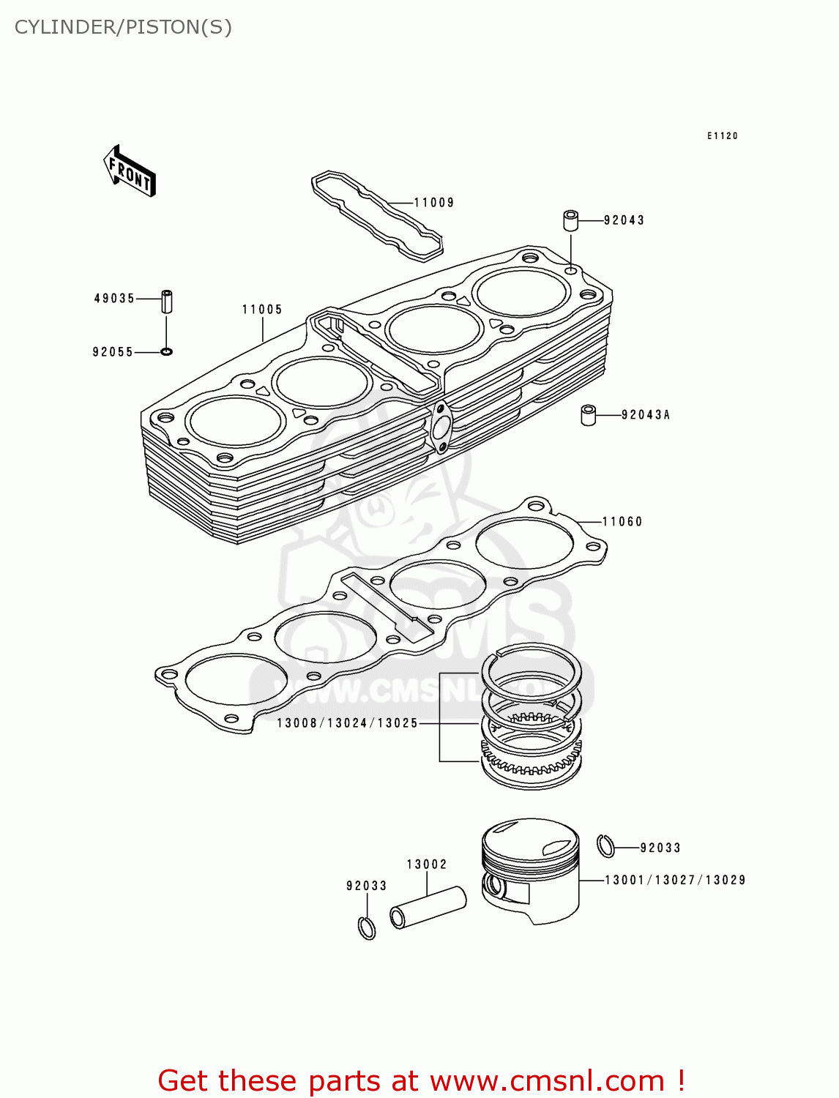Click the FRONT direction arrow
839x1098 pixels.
tap(130, 171)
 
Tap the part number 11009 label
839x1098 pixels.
tap(433, 203)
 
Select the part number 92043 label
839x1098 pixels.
tap(624, 220)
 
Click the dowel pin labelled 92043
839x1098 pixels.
tap(570, 220)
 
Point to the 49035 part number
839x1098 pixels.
tap(114, 299)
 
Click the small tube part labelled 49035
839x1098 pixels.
tap(167, 301)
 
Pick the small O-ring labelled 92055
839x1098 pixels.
tap(166, 352)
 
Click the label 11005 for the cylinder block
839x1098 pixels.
tap(262, 310)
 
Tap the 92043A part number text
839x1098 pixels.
tap(646, 415)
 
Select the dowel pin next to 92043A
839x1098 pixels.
tap(588, 415)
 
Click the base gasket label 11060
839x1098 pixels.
tap(622, 522)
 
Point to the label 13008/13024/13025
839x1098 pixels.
tap(347, 723)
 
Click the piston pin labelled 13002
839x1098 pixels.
tap(428, 908)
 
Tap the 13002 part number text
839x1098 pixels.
tap(427, 864)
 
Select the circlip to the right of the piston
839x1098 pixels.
tap(605, 845)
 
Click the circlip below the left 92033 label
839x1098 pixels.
tap(367, 927)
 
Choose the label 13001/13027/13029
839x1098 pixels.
tap(675, 880)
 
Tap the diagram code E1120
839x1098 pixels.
tap(722, 136)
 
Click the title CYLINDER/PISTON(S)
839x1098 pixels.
tap(123, 27)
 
